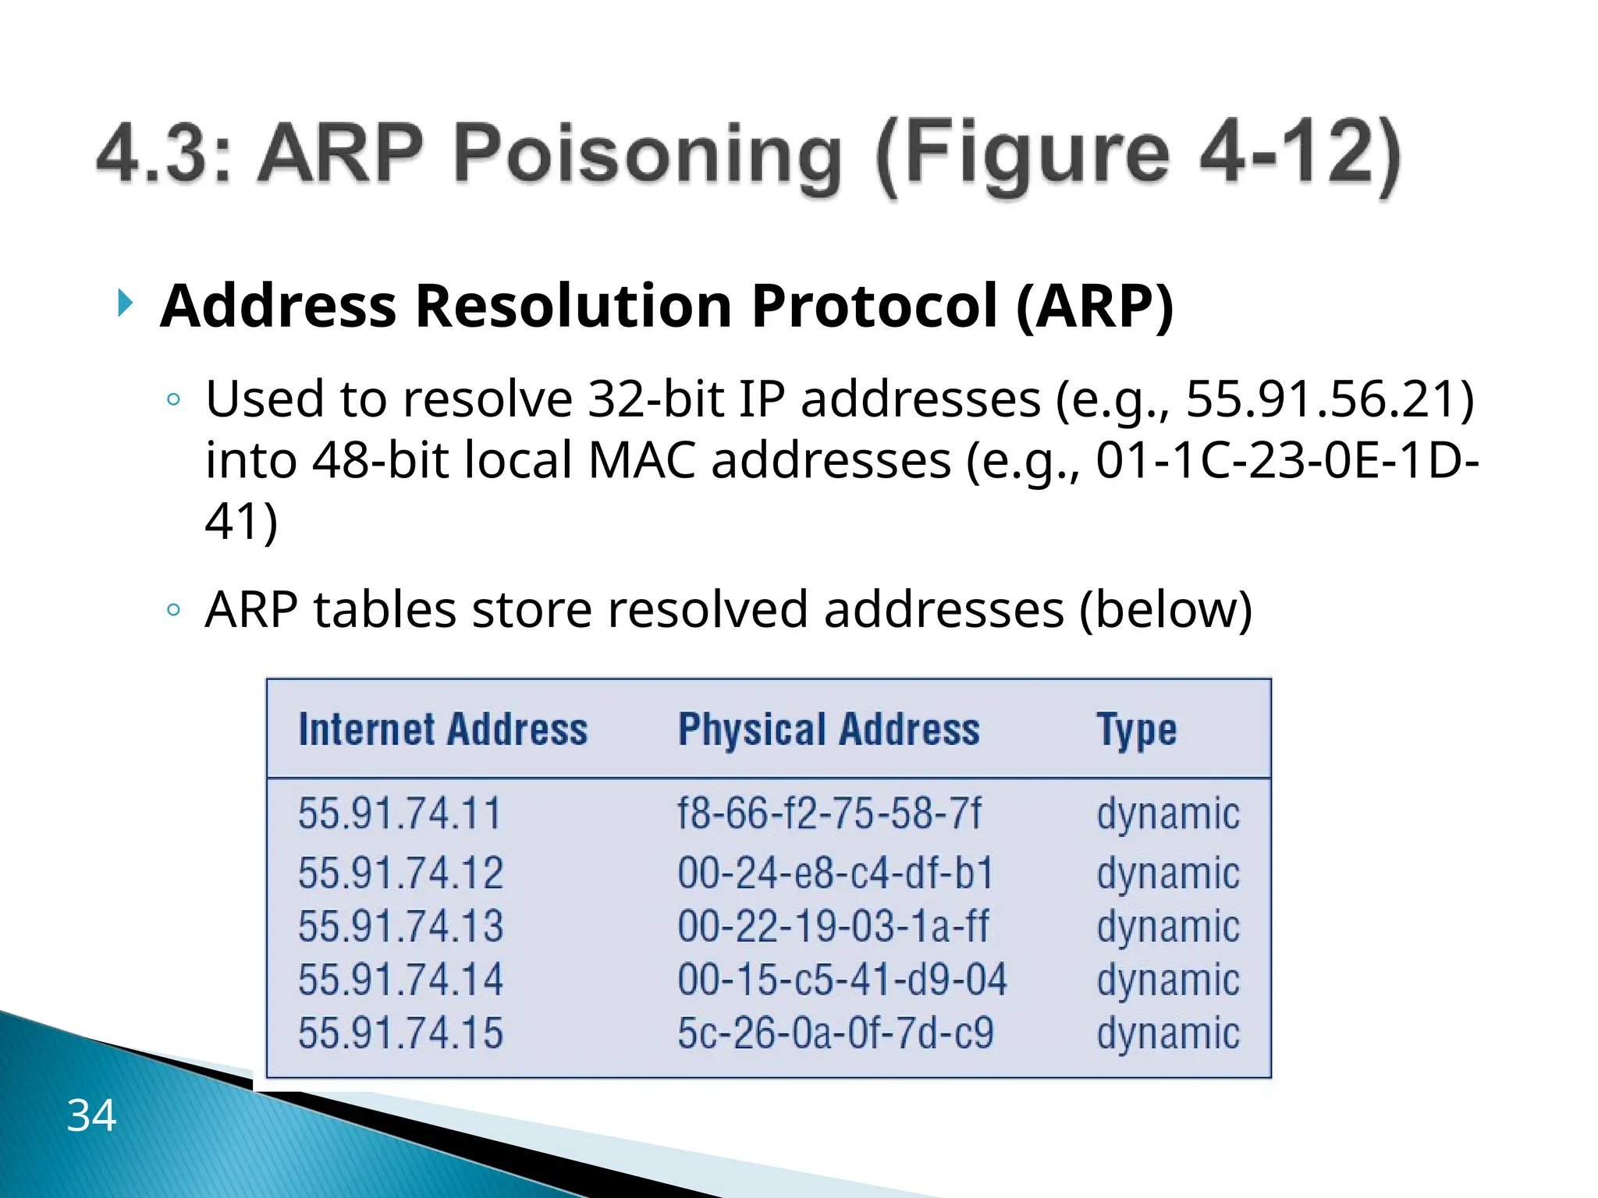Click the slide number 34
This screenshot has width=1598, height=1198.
pyautogui.click(x=91, y=1115)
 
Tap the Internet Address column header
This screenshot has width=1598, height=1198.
pyautogui.click(x=443, y=730)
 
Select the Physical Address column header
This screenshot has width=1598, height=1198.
pyautogui.click(x=829, y=730)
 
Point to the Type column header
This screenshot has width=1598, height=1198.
pyautogui.click(x=1136, y=732)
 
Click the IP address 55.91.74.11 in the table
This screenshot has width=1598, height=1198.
pyautogui.click(x=399, y=813)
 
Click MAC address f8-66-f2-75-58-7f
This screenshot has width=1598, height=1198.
pyautogui.click(x=829, y=813)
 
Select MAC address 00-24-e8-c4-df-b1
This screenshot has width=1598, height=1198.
pyautogui.click(x=835, y=873)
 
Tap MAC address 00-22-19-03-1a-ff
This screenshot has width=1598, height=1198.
pyautogui.click(x=833, y=927)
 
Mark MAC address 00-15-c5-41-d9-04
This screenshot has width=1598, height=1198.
pyautogui.click(x=842, y=980)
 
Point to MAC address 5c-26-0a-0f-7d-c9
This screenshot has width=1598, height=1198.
pyautogui.click(x=836, y=1033)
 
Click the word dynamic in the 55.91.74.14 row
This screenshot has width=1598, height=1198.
pyautogui.click(x=1168, y=980)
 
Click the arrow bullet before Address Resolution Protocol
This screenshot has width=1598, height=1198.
pyautogui.click(x=125, y=303)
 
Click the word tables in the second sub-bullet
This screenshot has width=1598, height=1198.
pyautogui.click(x=384, y=609)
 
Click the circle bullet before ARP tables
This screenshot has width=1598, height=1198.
pyautogui.click(x=174, y=609)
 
